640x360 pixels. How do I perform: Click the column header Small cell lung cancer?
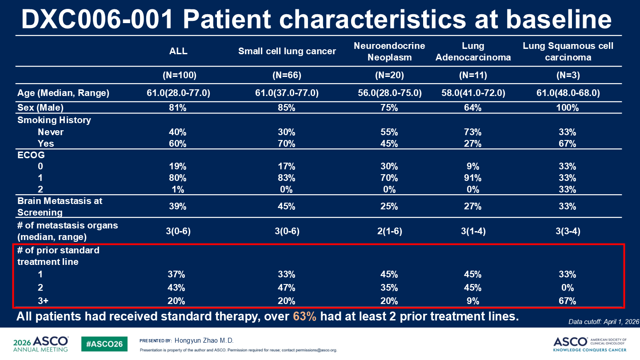287,51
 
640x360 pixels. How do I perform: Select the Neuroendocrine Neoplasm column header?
389,52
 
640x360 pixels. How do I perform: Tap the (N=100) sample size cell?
180,75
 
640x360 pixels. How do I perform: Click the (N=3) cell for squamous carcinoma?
568,75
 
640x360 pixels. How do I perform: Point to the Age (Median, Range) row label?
63,93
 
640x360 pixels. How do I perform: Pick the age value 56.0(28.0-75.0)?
390,93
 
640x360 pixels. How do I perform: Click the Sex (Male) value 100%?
568,108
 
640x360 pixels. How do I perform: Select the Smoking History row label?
54,120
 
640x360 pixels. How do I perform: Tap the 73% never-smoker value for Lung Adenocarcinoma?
472,132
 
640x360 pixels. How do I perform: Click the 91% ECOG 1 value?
472,178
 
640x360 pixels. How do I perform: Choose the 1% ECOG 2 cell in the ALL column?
178,189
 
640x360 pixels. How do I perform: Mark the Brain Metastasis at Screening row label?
60,207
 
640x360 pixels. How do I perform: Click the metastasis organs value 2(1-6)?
389,231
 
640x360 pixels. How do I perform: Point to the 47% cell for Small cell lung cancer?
287,288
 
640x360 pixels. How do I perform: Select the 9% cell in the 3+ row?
472,301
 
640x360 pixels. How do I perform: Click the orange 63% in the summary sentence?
304,316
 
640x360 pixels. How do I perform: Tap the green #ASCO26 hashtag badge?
104,344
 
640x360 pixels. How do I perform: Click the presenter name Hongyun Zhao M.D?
204,340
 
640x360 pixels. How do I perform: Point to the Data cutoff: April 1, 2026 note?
604,322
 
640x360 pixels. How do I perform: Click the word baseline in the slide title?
559,20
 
